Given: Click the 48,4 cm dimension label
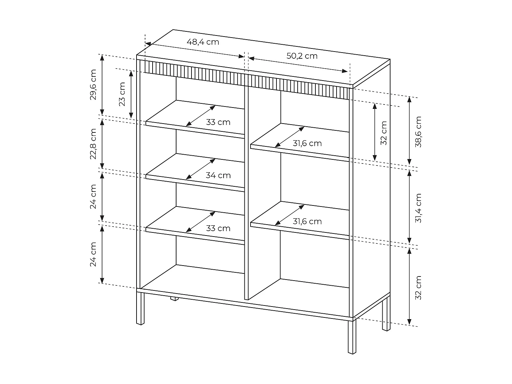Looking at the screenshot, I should pos(203,42).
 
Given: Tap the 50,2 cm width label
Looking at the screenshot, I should pos(302,56).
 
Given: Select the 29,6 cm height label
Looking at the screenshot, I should pos(93,84).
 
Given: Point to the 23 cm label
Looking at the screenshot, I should pos(122,94).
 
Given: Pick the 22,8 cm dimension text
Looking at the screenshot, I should pos(93,144).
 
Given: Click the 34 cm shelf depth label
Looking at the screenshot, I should pos(218,175).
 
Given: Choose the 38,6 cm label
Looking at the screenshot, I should pos(418,131).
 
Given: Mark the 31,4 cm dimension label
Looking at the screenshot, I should pos(418,208).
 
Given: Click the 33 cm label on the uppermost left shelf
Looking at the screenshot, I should pos(218,122).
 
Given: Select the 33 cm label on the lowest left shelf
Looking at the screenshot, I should pos(218,228).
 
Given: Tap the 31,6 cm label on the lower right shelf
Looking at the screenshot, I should pos(307,222).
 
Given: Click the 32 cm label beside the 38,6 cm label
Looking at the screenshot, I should pos(384,133).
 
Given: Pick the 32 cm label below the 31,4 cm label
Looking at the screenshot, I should pos(418,288).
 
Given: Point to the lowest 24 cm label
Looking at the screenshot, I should pos(93,254).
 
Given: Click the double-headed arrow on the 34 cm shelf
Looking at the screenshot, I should pos(200,169).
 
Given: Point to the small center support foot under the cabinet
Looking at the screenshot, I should pos(174,299).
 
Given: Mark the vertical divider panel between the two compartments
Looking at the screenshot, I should pos(246,191).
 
